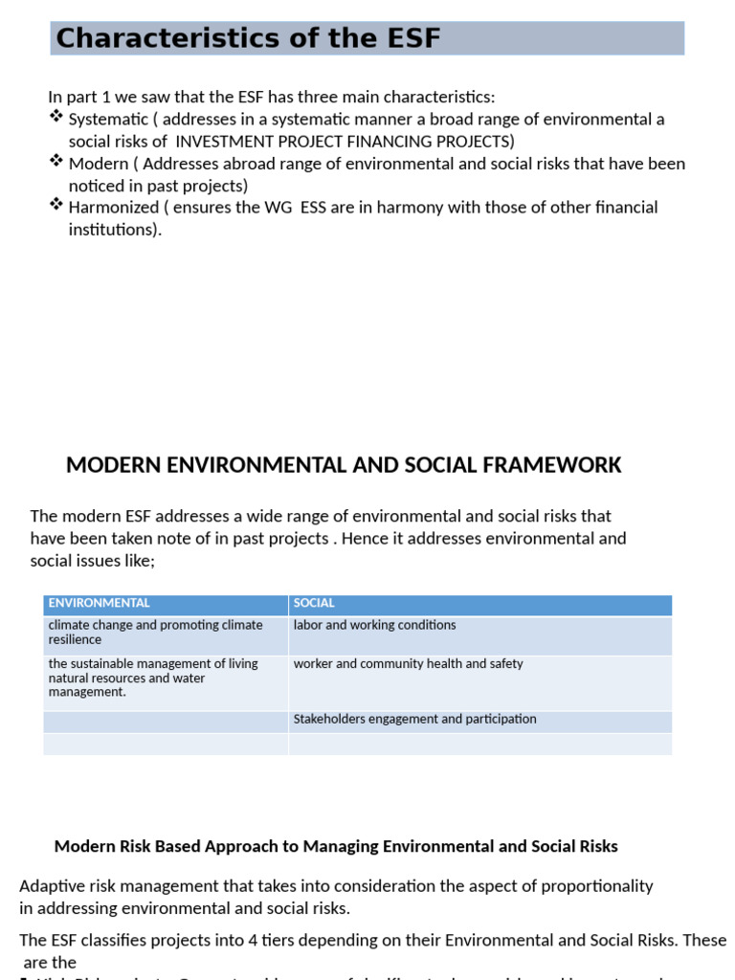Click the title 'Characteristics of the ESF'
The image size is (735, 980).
(x=248, y=38)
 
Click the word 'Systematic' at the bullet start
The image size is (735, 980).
(x=108, y=120)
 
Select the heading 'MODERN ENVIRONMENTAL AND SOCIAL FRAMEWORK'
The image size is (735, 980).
(x=344, y=466)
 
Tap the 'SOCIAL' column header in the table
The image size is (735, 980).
(x=314, y=603)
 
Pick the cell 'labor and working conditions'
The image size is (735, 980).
(x=374, y=625)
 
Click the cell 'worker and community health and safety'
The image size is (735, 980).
(x=408, y=663)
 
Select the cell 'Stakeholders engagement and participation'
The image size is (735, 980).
(x=414, y=719)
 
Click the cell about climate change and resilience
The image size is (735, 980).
(x=155, y=632)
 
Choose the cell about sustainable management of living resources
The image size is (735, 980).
(x=153, y=678)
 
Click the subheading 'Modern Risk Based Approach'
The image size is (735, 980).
(x=336, y=846)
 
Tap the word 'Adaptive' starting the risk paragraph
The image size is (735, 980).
(x=51, y=886)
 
